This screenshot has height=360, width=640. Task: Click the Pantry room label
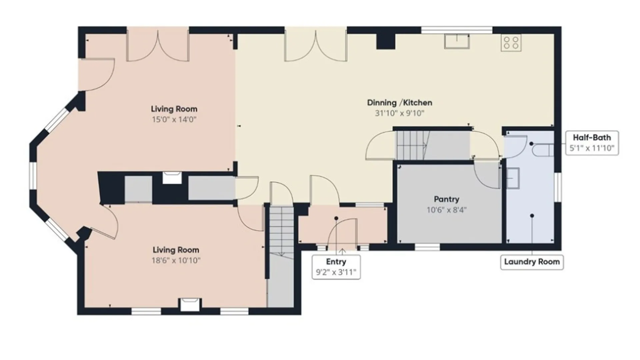446,199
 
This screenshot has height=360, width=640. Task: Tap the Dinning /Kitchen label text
399,103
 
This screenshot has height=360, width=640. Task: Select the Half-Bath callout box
592,143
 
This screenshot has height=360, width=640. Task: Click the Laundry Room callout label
532,262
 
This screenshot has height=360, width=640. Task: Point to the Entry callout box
336,267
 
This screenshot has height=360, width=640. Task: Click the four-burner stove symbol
511,43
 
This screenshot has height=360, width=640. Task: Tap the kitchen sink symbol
457,41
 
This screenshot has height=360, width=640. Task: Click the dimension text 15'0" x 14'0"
174,119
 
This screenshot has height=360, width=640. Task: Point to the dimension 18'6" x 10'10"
176,260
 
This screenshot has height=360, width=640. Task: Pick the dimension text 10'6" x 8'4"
447,210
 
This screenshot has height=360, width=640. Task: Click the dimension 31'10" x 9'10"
399,113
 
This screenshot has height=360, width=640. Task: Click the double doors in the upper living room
158,44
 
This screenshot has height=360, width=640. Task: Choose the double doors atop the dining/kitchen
316,44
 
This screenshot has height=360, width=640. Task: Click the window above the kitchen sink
457,30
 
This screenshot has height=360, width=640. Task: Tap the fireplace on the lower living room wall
190,305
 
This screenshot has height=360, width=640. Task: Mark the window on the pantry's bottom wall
427,247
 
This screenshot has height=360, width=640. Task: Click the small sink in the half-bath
513,178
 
